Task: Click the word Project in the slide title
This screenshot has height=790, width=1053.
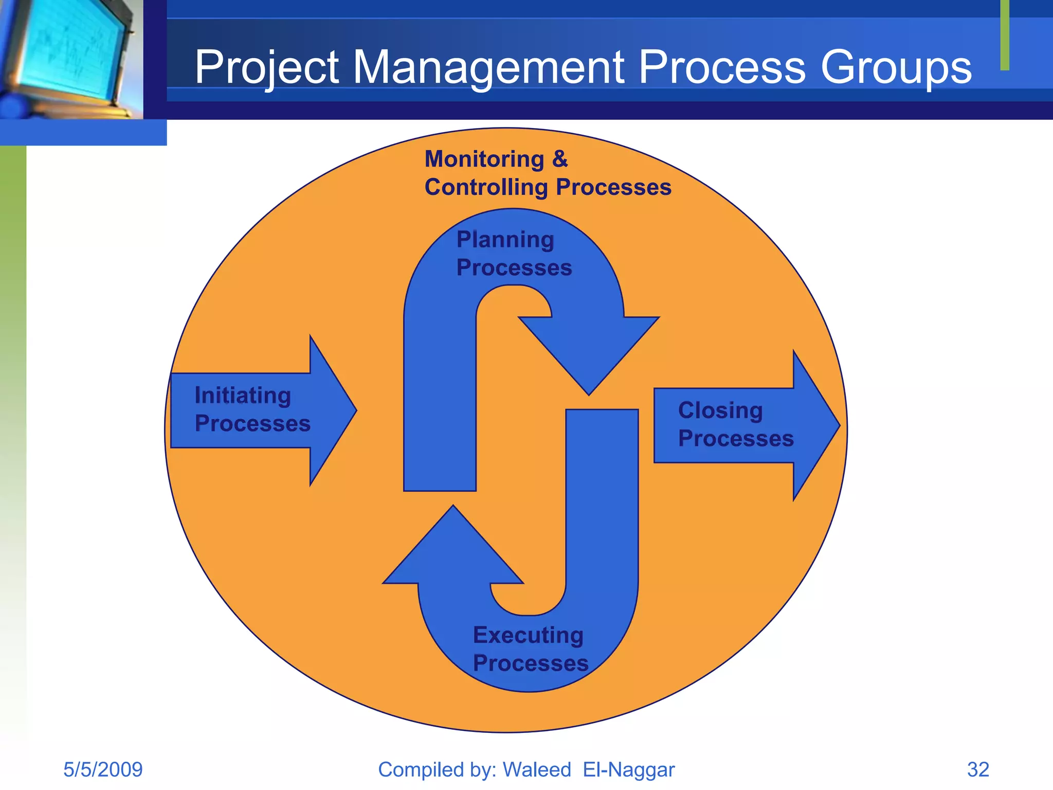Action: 266,67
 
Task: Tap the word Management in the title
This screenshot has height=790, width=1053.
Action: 488,67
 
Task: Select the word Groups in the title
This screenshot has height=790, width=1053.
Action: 896,67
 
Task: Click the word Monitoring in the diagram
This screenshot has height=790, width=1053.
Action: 484,159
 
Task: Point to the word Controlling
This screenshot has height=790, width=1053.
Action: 486,187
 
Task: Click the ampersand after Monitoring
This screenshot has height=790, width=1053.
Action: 560,159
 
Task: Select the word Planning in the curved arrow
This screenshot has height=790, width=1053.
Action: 505,240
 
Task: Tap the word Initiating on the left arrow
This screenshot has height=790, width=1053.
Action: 243,396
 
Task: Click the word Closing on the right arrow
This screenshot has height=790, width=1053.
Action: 720,410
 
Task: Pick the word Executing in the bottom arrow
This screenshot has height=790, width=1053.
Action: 528,635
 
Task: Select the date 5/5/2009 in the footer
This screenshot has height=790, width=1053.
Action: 103,770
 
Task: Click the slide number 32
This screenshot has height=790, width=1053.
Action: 978,770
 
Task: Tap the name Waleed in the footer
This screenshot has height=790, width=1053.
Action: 536,770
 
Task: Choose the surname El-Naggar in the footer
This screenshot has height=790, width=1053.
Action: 628,770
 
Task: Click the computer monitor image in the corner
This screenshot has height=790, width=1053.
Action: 69,57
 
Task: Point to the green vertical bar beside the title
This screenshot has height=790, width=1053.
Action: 1005,35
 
